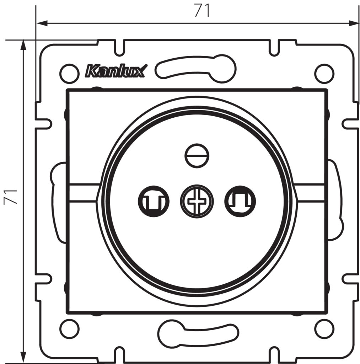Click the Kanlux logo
(x=117, y=71)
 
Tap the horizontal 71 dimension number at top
(x=202, y=10)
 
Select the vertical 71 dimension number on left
(x=10, y=197)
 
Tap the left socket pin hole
(x=154, y=201)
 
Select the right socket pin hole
(x=240, y=201)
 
